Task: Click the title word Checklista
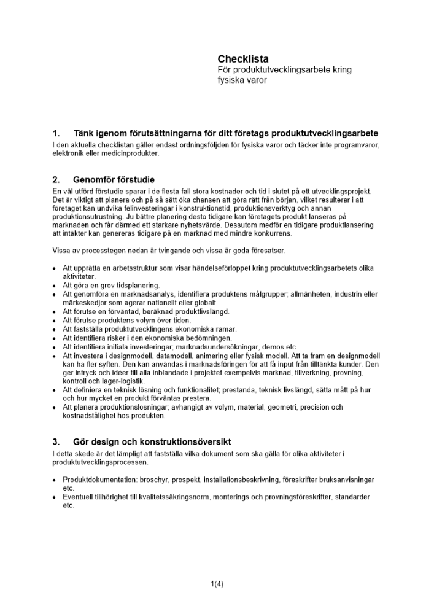pos(243,60)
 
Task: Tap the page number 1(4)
pos(217,584)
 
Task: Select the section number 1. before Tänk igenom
pos(56,134)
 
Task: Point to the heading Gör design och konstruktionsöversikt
pos(152,442)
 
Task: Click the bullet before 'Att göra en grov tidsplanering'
pos(55,286)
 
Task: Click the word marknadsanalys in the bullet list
pos(148,295)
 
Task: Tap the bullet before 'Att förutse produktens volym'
pos(55,321)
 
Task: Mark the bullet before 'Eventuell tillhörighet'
pos(55,497)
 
